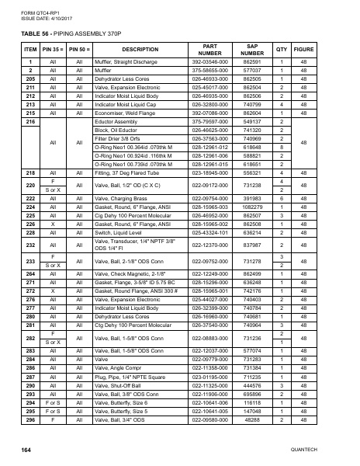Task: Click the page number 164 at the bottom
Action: coord(26,450)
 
